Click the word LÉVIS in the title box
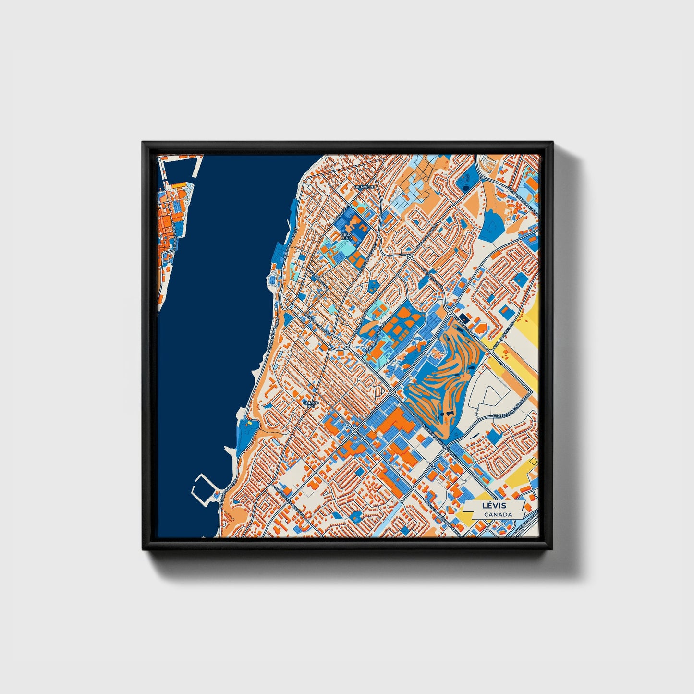[495, 506]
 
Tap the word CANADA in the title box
[498, 514]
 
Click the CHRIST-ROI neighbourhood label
[310, 404]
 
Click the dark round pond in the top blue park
[465, 188]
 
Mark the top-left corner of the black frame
[143, 143]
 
